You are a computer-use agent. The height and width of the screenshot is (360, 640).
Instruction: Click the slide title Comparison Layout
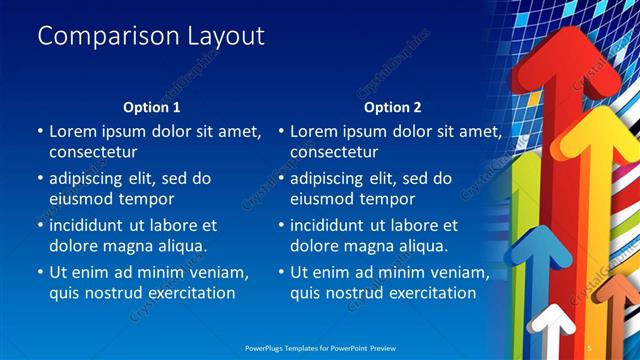(151, 36)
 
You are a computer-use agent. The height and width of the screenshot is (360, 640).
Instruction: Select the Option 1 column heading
(151, 106)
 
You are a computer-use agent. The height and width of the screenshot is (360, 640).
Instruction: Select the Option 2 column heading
(392, 106)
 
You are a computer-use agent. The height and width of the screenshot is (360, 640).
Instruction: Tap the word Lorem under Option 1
(75, 131)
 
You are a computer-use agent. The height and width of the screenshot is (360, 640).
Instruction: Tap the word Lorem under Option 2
(316, 131)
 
